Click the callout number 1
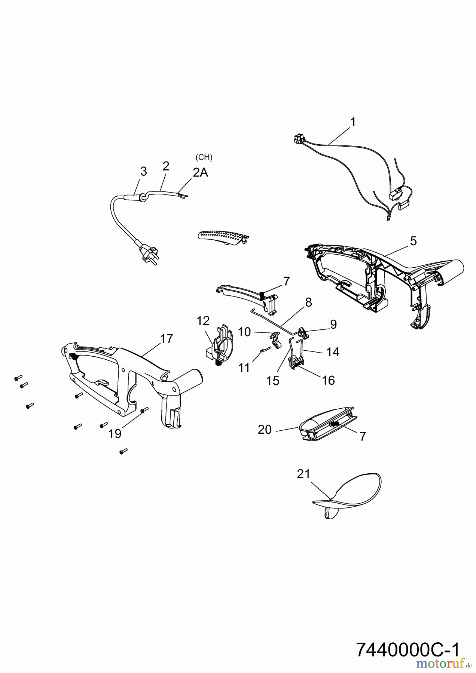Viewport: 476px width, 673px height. tap(353, 122)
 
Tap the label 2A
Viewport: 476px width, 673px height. tap(200, 172)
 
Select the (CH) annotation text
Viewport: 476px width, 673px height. tap(204, 157)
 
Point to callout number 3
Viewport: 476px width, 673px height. tap(143, 172)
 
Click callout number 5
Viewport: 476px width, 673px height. tap(413, 241)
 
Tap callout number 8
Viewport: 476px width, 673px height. tap(308, 302)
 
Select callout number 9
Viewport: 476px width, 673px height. tap(333, 324)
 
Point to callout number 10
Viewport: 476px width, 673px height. tap(244, 332)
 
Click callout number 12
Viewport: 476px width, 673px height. tap(204, 320)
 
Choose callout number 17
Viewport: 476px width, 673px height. tap(167, 339)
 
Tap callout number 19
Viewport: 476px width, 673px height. tap(115, 433)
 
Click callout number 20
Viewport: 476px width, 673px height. tap(265, 430)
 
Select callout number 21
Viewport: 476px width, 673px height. tap(303, 474)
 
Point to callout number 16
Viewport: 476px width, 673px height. tap(328, 380)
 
